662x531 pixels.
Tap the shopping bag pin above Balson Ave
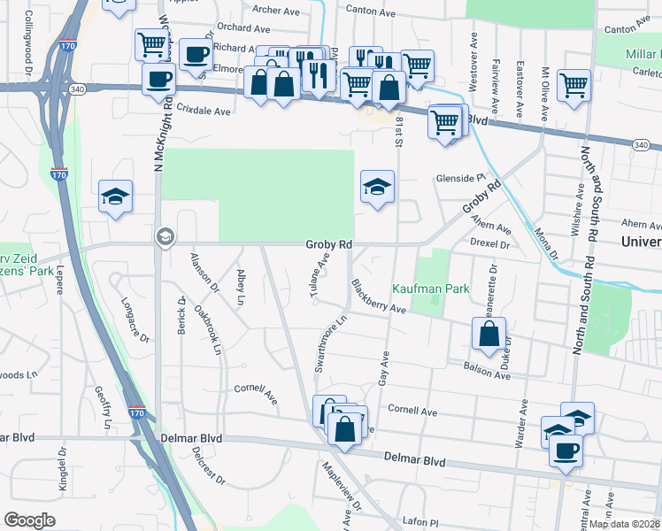(489, 335)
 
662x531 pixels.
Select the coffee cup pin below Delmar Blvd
(566, 450)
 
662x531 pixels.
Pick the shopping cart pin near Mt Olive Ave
(574, 87)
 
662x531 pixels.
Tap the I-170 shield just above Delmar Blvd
(135, 413)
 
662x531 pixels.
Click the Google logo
(29, 520)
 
